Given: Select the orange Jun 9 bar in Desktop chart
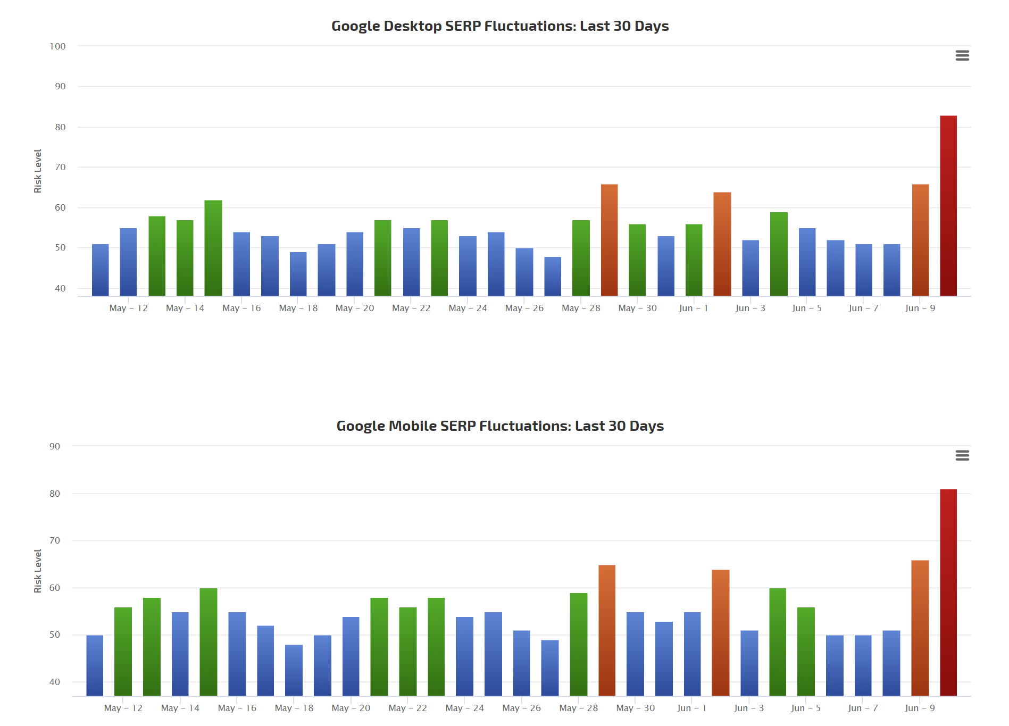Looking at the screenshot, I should click(920, 240).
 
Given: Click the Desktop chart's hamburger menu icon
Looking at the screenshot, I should click(962, 56).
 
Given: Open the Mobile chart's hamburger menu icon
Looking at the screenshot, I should click(962, 456).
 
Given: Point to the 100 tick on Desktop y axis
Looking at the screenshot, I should click(57, 46).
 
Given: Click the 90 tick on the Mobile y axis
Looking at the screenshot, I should click(55, 446).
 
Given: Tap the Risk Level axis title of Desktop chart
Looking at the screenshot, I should click(38, 171).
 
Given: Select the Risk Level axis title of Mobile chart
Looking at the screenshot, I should click(38, 571).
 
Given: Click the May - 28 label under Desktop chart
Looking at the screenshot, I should click(581, 308).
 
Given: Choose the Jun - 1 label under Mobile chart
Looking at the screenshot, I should click(691, 708).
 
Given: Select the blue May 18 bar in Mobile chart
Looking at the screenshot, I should click(294, 670).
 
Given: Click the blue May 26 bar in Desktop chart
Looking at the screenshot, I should click(524, 272).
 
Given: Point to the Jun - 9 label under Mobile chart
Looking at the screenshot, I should click(920, 708).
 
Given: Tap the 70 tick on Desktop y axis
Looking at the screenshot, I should click(60, 167).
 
